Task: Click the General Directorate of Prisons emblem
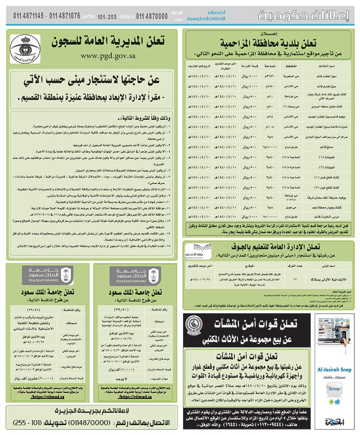[x=25, y=49]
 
